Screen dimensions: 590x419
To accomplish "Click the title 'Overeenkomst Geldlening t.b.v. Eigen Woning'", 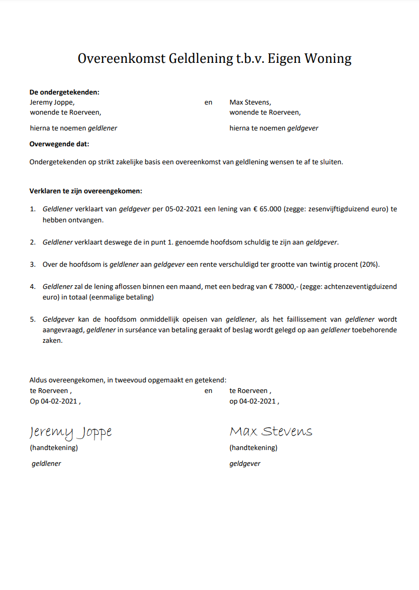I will coord(215,59).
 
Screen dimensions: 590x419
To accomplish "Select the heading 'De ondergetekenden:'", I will coord(64,92).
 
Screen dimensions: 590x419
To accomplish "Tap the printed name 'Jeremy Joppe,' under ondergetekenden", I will coord(52,102).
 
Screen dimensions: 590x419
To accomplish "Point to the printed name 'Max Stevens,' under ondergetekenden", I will coord(250,102).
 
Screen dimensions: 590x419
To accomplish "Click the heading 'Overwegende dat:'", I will coord(59,144).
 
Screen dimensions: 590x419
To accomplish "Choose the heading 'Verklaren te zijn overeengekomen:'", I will coord(86,191).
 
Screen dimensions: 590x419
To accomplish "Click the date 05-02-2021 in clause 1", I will coord(184,209).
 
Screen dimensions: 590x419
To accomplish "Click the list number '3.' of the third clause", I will coord(32,264).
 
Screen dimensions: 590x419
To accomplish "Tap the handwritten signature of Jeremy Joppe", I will coord(70,432).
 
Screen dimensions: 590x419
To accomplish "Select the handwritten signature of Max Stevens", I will coord(271,432).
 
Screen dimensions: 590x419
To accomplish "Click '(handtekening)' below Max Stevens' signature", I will coord(253,448).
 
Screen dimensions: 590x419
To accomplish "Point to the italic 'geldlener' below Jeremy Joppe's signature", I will coord(46,464).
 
